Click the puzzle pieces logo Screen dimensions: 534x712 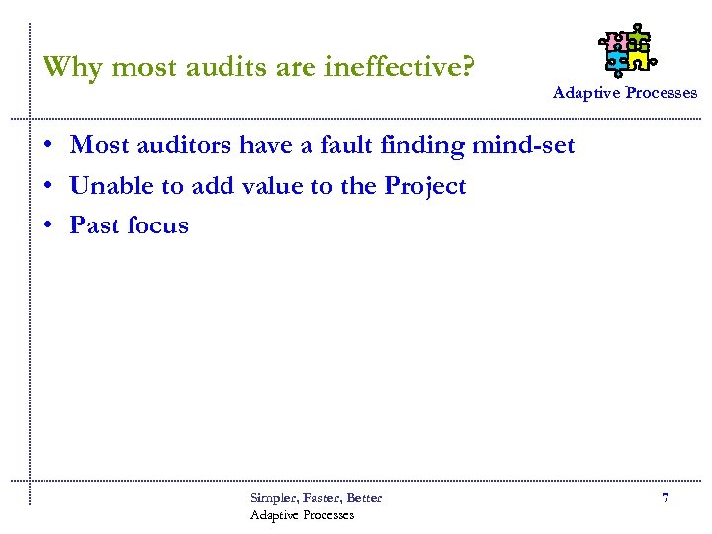click(x=626, y=49)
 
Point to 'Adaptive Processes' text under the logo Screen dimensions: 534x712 click(x=624, y=92)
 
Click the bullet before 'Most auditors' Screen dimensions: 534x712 click(x=47, y=146)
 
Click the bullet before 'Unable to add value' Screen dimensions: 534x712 click(x=47, y=187)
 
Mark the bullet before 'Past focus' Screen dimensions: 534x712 click(x=47, y=226)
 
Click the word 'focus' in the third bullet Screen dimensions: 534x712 click(x=157, y=225)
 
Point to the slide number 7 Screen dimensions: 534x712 click(x=666, y=498)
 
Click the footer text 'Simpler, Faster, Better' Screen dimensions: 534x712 click(x=315, y=497)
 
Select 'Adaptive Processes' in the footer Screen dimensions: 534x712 click(x=302, y=514)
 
